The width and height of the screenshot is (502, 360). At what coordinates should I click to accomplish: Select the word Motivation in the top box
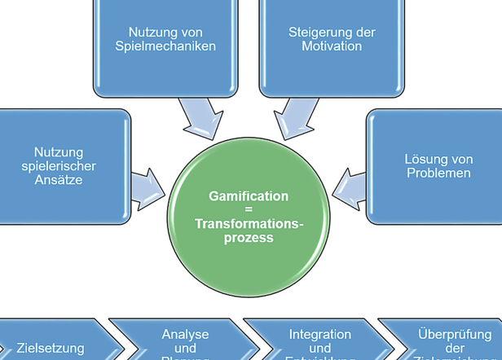pyautogui.click(x=331, y=46)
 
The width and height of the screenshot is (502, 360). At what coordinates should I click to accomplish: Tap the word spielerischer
pyautogui.click(x=59, y=166)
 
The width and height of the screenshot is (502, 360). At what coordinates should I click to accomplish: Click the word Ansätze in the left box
pyautogui.click(x=59, y=180)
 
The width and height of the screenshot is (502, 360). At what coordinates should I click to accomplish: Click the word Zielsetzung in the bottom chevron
pyautogui.click(x=51, y=349)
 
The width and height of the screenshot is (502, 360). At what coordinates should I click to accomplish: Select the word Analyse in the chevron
pyautogui.click(x=185, y=335)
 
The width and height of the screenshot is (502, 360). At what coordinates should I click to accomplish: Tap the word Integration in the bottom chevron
pyautogui.click(x=320, y=335)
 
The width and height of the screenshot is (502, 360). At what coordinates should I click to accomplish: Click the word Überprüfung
pyautogui.click(x=455, y=335)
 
